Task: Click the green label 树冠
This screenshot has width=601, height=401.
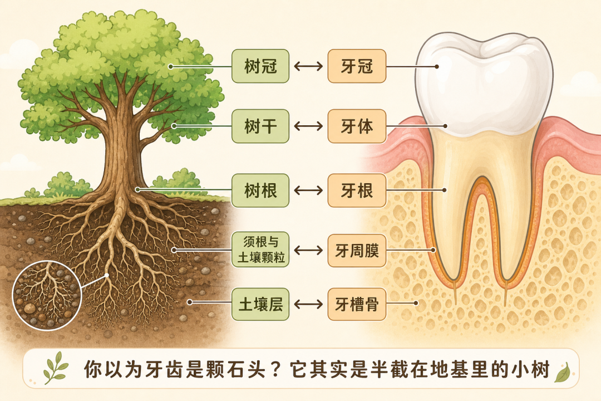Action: [x=260, y=66]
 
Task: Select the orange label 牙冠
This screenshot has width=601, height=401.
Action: [x=357, y=66]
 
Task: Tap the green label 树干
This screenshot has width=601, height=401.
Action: [x=260, y=126]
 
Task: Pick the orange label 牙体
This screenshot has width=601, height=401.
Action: [x=357, y=126]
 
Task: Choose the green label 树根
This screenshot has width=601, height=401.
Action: [x=260, y=190]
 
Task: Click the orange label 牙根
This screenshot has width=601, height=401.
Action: [x=357, y=190]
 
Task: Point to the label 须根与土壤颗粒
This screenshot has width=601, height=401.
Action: [x=260, y=250]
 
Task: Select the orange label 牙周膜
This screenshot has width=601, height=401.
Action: [x=357, y=251]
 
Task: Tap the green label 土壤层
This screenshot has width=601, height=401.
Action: [x=260, y=304]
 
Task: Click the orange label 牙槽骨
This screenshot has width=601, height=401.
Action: [x=357, y=304]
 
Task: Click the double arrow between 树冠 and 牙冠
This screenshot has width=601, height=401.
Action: [x=308, y=66]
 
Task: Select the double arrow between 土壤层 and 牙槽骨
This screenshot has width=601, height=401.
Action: [x=308, y=304]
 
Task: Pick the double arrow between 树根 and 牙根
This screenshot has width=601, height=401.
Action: [x=308, y=190]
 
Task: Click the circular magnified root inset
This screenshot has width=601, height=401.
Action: [x=47, y=296]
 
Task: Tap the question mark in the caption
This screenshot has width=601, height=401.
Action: [x=277, y=369]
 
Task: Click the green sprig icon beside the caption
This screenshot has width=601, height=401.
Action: [x=56, y=368]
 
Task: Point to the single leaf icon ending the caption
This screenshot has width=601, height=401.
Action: [x=563, y=373]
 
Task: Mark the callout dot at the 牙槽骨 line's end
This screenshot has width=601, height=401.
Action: [x=416, y=303]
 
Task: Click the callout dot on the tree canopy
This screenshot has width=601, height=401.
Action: [x=171, y=66]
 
